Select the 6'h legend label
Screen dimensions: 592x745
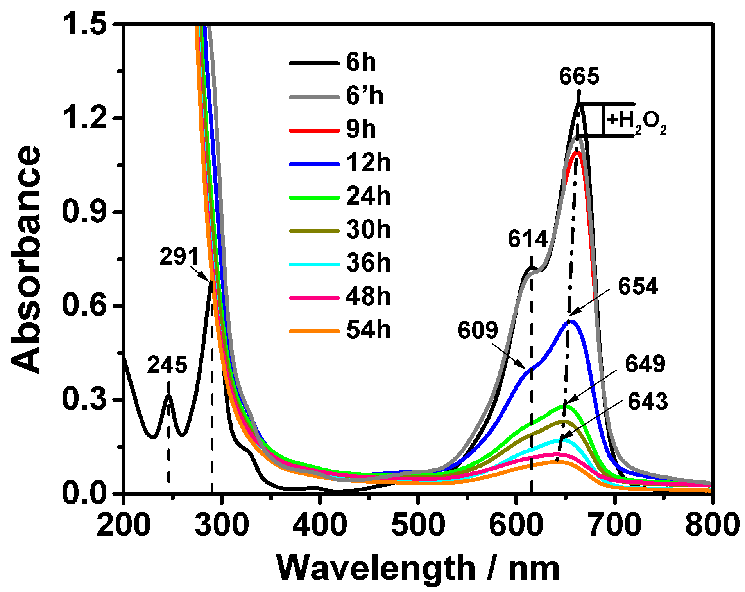click(x=364, y=96)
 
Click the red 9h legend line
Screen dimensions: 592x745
click(x=314, y=130)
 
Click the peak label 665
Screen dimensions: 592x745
click(x=579, y=76)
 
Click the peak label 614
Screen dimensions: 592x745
click(x=528, y=239)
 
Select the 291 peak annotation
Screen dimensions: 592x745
click(x=179, y=257)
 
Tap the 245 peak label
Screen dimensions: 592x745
click(x=167, y=365)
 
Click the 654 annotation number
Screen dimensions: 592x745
click(x=638, y=286)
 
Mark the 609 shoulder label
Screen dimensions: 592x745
click(x=478, y=330)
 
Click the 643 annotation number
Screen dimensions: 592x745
click(x=648, y=402)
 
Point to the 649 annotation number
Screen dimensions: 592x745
click(x=645, y=364)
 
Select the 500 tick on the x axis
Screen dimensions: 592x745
click(x=418, y=525)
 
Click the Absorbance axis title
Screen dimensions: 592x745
click(x=26, y=259)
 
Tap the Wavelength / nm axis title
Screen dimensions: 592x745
click(x=418, y=569)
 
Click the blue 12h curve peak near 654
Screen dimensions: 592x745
click(x=571, y=321)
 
